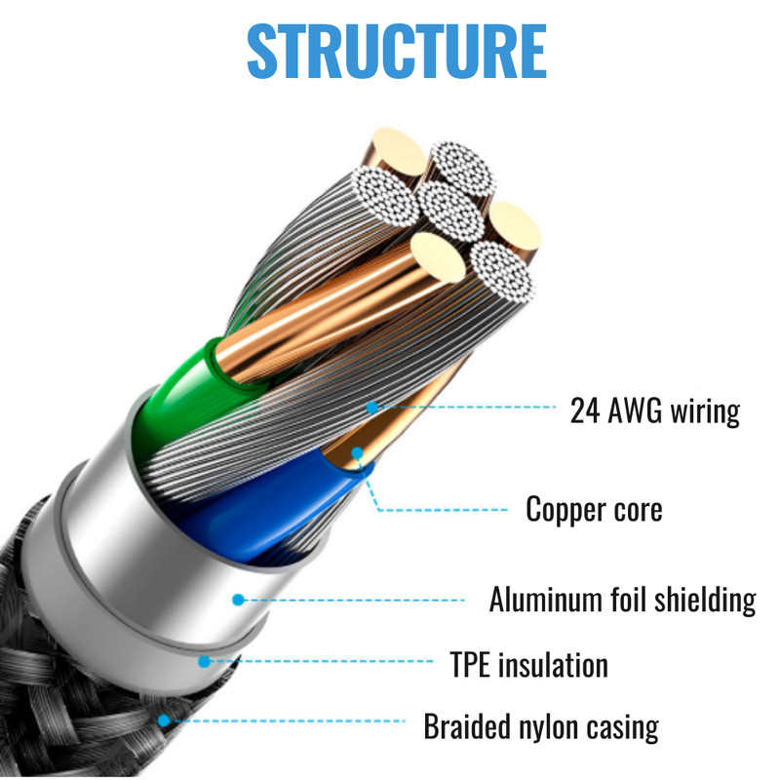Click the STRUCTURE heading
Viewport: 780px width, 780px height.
pos(397,52)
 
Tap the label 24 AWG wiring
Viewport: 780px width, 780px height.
pos(654,410)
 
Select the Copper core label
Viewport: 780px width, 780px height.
pos(594,509)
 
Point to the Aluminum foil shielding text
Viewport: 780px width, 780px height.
pos(622,600)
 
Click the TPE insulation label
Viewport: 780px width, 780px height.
pos(528,664)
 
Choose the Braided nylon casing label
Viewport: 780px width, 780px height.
pos(541,726)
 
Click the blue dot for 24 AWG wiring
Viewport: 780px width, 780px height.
pos(372,408)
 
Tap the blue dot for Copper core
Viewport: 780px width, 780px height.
pos(357,452)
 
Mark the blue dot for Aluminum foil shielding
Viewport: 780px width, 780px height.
pos(238,600)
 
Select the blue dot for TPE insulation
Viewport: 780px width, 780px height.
pos(204,661)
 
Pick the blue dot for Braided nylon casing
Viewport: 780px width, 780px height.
pos(163,720)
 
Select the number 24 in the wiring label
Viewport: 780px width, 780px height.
pos(584,410)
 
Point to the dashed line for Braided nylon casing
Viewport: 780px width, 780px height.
pos(288,721)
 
